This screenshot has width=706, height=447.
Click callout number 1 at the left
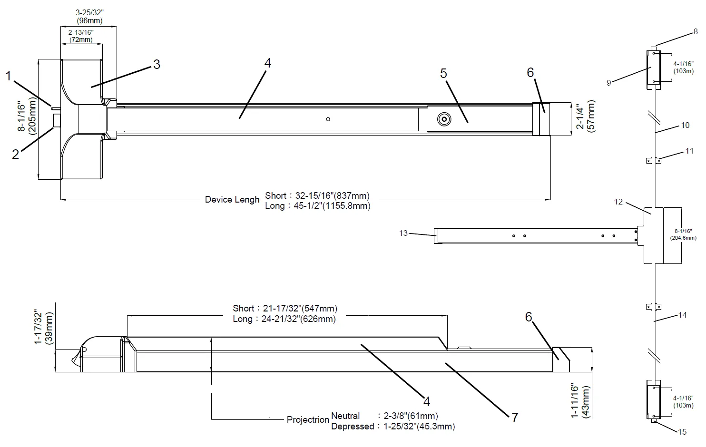tap(8, 76)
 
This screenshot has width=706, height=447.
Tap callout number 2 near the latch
tap(16, 154)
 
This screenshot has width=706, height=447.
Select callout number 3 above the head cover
tap(156, 64)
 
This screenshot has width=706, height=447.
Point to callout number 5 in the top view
tap(443, 73)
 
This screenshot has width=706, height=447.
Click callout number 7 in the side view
tap(514, 417)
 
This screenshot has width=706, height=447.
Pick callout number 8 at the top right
tap(696, 32)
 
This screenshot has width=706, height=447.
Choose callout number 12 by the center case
tap(618, 202)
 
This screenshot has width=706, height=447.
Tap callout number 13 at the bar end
tap(403, 233)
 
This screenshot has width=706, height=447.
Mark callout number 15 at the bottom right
tap(682, 432)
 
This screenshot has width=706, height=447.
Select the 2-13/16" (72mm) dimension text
tap(80, 36)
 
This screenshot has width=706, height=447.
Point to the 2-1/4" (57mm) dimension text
tap(585, 117)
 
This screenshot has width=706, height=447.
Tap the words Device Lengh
tap(232, 200)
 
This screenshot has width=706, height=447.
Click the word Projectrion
tap(308, 420)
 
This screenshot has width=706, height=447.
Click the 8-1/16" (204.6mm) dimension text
tap(683, 234)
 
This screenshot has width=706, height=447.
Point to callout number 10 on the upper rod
tap(685, 125)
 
